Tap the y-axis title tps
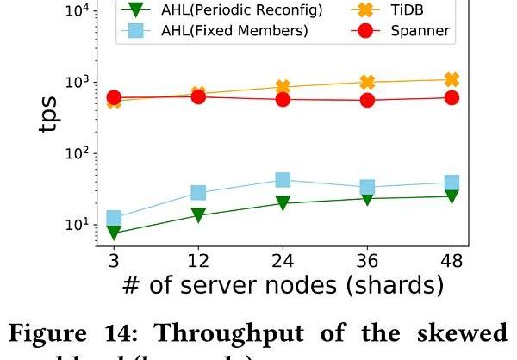[53, 116]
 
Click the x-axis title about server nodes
[283, 286]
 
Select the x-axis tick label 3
[114, 260]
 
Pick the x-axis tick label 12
[198, 260]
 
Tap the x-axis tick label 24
[283, 260]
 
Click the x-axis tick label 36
[367, 260]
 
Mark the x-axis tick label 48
[452, 260]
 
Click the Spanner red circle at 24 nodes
[283, 99]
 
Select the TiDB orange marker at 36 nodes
[367, 82]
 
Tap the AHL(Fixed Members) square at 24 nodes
[283, 180]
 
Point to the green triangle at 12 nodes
[198, 215]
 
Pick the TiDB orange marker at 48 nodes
[452, 79]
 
